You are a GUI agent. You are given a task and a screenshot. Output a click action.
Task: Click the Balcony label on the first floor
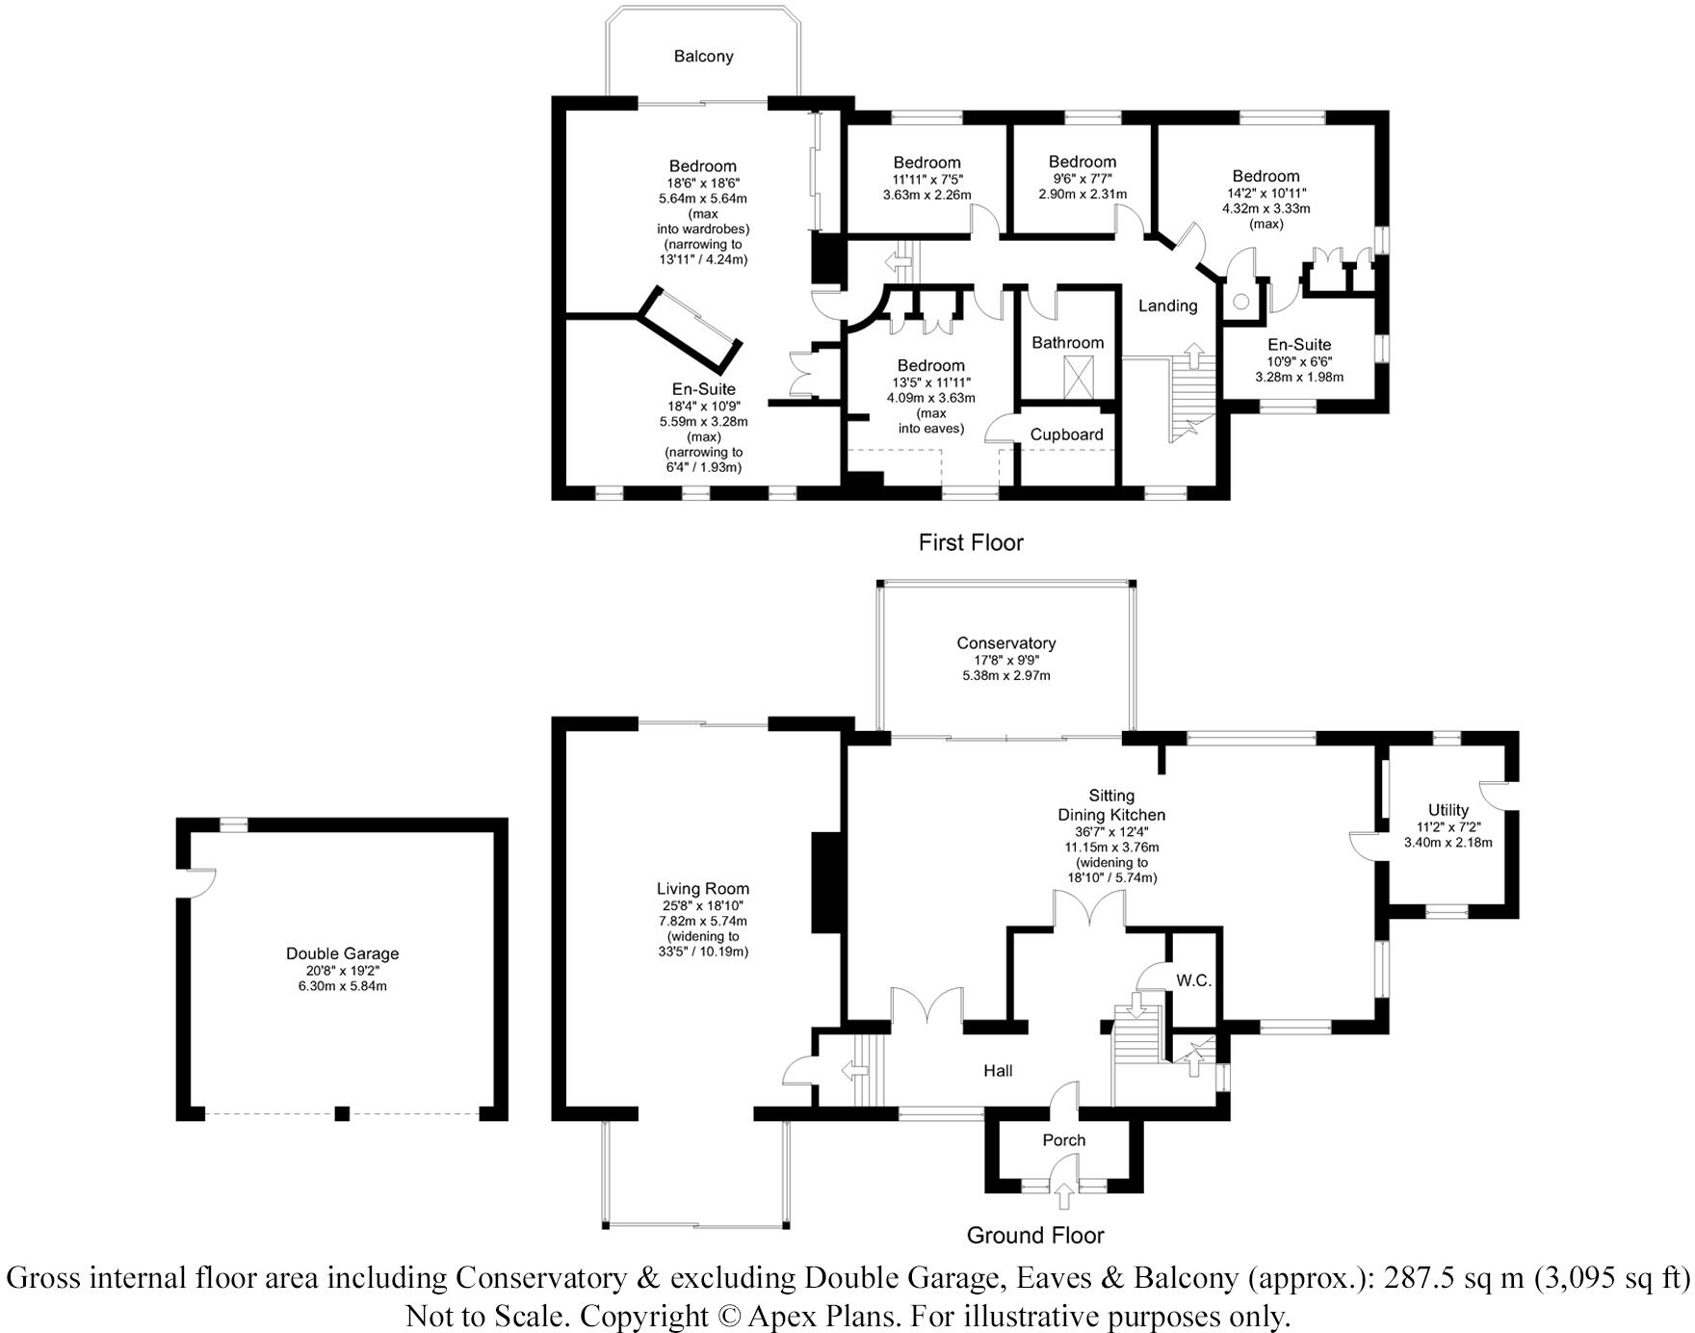tap(703, 57)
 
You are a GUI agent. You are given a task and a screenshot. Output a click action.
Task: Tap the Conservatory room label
tap(1005, 643)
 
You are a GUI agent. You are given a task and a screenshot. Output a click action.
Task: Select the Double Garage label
tap(342, 954)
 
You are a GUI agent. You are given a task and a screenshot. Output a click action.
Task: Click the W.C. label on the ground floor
tap(1193, 980)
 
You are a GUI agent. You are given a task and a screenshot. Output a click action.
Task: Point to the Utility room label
tap(1447, 810)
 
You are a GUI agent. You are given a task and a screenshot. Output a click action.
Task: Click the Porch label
tap(1063, 1140)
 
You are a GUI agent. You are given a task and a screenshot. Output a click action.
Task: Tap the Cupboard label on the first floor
tap(1066, 434)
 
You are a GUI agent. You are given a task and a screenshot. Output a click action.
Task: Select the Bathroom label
tap(1067, 343)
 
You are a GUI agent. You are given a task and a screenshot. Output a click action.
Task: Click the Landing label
tap(1167, 306)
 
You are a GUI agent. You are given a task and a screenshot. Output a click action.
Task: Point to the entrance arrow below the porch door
tap(1063, 1196)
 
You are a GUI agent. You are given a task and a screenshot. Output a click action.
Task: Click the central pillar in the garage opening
tap(342, 1113)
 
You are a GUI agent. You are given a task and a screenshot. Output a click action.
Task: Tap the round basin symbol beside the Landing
tap(1240, 302)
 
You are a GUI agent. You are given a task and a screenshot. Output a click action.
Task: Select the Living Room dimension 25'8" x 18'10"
tap(702, 905)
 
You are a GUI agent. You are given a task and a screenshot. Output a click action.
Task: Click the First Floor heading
tap(970, 543)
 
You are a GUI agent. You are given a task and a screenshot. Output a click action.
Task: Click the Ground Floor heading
tap(1034, 1235)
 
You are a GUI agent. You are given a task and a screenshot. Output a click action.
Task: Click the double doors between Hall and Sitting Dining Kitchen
tap(1089, 910)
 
